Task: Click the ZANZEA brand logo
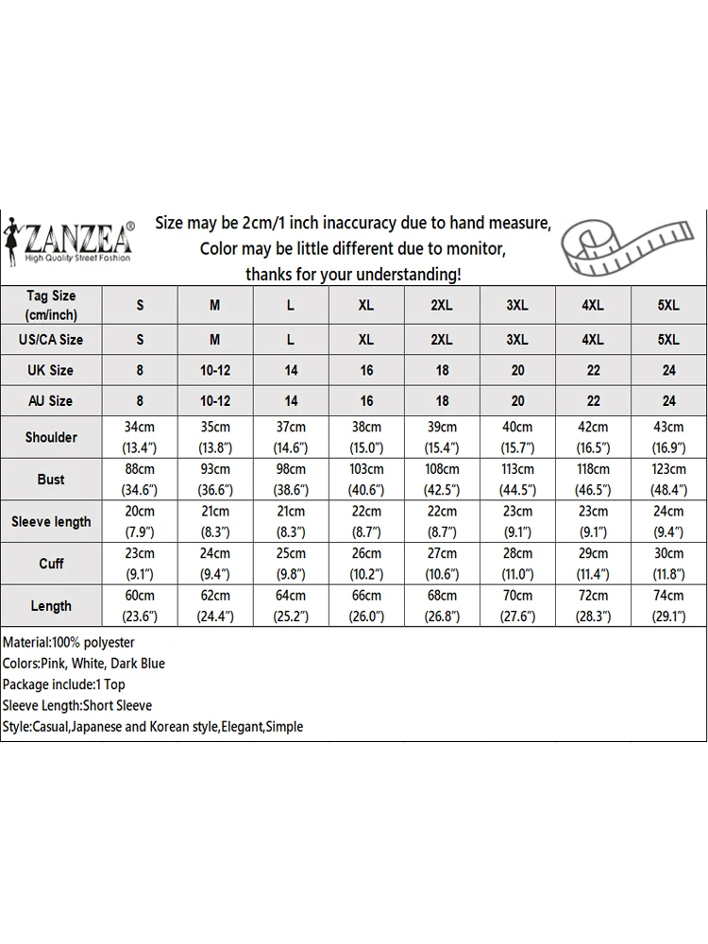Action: click(x=71, y=240)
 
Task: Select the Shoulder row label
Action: click(x=51, y=437)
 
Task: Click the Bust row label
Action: click(x=51, y=480)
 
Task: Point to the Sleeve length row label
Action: click(x=51, y=522)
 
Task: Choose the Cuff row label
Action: click(x=51, y=564)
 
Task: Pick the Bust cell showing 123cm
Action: click(x=668, y=480)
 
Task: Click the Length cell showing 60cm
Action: click(x=140, y=606)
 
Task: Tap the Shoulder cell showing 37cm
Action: click(x=291, y=437)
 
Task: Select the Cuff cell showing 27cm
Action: click(x=442, y=564)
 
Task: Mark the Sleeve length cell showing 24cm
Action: click(x=668, y=522)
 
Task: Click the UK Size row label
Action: click(x=51, y=370)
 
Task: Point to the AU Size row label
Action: click(x=51, y=400)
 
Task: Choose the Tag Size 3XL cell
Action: click(x=517, y=305)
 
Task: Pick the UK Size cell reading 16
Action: click(x=366, y=370)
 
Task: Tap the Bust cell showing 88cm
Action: click(x=140, y=480)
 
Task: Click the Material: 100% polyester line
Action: click(x=69, y=642)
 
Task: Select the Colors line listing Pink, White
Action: click(x=84, y=664)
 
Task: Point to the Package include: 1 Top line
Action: click(x=64, y=684)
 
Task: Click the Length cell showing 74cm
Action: click(x=668, y=606)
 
